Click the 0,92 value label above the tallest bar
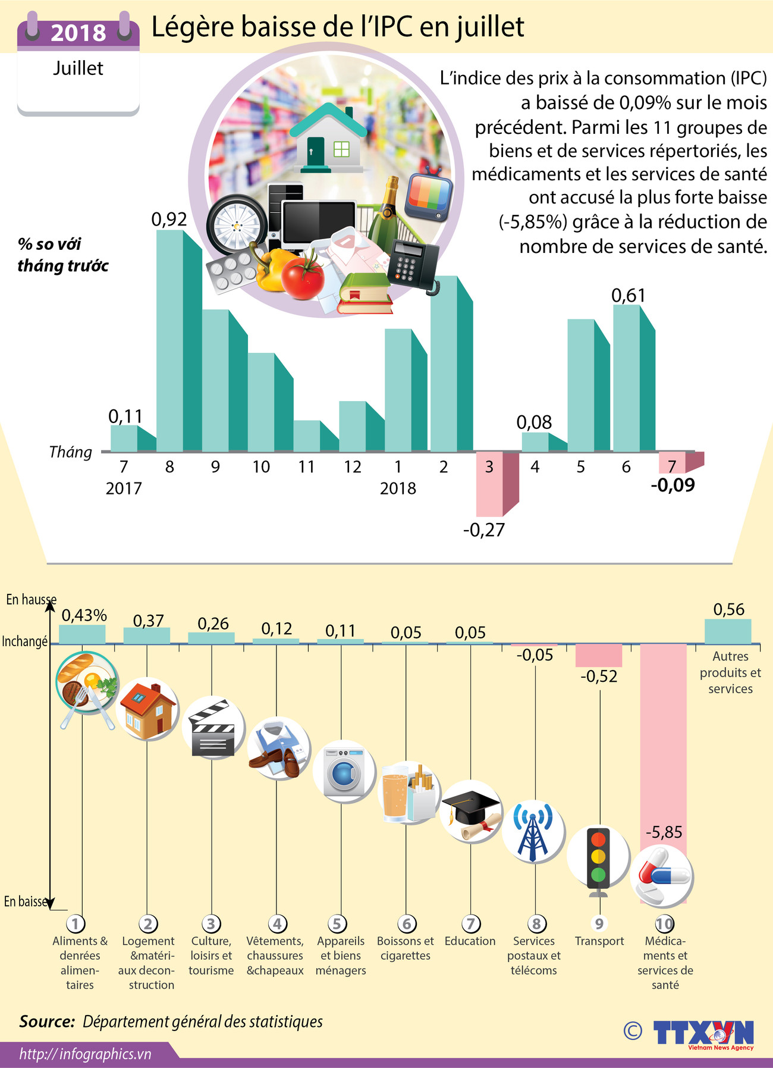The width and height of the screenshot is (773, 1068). click(x=169, y=220)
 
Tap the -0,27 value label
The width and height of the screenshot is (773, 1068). click(x=484, y=530)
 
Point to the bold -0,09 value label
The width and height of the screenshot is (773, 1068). click(x=673, y=486)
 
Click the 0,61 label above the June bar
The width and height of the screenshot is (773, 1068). click(x=628, y=295)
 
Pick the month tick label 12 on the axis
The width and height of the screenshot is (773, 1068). click(x=352, y=467)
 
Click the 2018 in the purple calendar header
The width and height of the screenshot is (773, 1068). click(x=78, y=33)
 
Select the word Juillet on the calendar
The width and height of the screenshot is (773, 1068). click(x=78, y=68)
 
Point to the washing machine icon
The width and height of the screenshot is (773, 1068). click(x=344, y=772)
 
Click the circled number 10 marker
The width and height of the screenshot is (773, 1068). click(x=664, y=924)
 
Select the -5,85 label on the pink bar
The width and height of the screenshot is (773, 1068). click(x=664, y=832)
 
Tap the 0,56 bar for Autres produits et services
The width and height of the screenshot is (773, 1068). click(x=728, y=631)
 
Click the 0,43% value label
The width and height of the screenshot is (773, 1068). click(x=84, y=615)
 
